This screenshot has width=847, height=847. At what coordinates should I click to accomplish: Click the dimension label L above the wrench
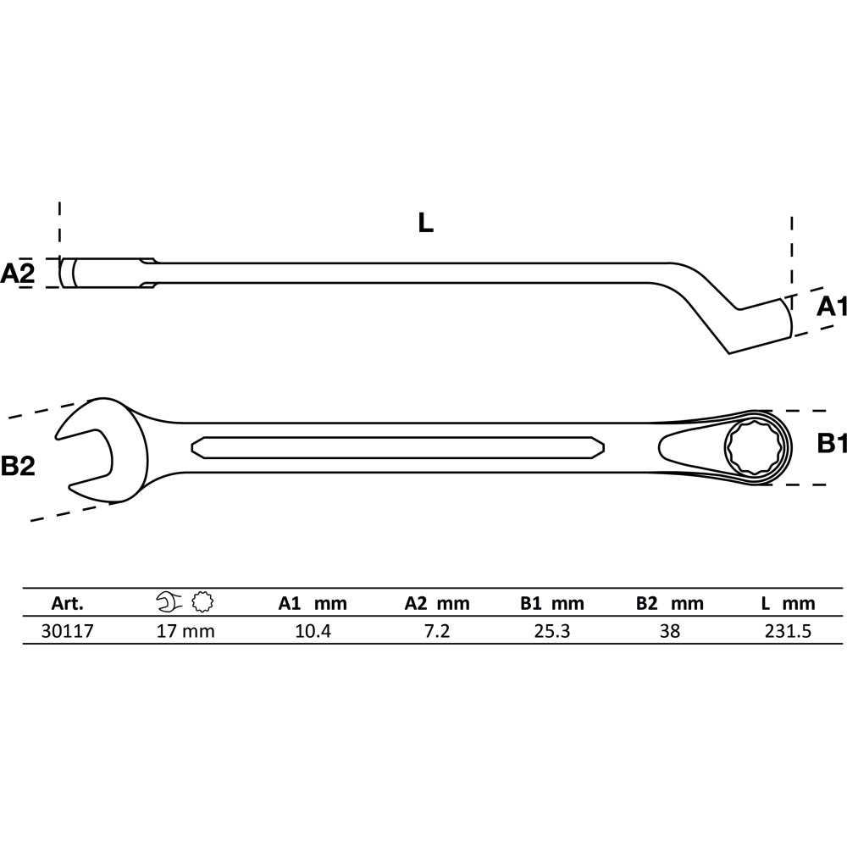point(426,223)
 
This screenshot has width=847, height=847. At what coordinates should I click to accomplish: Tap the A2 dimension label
point(17,274)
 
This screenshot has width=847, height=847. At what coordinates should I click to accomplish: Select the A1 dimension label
point(832,307)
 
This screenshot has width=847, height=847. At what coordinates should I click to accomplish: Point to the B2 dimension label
point(18,465)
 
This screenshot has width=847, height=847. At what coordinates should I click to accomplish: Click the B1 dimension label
point(832,444)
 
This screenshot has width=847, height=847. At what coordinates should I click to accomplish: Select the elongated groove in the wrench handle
point(398,447)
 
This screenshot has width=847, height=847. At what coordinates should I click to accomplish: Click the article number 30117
point(68,631)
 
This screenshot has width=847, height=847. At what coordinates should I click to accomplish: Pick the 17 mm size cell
point(185,631)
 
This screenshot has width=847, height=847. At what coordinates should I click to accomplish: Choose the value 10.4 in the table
point(313,631)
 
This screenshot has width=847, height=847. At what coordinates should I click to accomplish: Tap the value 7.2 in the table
point(437,631)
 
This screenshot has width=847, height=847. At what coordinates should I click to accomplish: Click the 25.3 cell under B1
point(552,631)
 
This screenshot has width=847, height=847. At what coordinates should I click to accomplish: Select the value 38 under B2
point(670,631)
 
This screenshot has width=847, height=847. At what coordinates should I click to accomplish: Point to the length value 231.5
point(788,631)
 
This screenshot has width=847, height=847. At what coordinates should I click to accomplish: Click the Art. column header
point(68,603)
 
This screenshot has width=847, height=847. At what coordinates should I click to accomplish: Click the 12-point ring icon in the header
point(202,601)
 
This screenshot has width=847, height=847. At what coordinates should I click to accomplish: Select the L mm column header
point(788,603)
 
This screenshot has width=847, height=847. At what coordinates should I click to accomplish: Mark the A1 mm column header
point(313,603)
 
